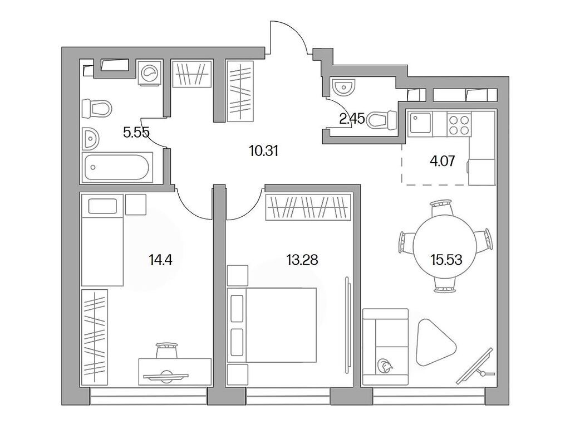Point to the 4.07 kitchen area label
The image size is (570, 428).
443,162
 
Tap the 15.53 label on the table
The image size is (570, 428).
446,259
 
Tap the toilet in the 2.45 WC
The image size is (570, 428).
382,119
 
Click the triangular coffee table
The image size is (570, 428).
435,338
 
